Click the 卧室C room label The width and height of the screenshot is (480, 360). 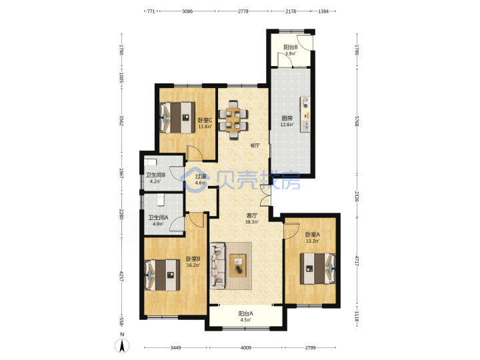click(205, 120)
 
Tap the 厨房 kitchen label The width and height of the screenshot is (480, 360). click(287, 119)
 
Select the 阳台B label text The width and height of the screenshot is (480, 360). click(291, 47)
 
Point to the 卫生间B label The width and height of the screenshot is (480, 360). click(155, 175)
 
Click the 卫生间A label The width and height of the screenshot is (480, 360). click(158, 217)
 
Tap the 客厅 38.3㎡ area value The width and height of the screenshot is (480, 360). click(251, 222)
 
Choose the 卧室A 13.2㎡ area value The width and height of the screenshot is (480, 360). click(313, 241)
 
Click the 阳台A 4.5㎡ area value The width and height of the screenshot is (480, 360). click(245, 320)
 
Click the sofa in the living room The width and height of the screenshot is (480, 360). click(217, 266)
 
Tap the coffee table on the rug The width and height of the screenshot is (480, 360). click(238, 265)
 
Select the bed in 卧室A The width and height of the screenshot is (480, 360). click(317, 269)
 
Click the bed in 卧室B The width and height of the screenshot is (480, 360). click(162, 275)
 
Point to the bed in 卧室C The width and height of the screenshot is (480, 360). click(177, 117)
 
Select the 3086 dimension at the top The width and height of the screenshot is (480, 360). click(187, 11)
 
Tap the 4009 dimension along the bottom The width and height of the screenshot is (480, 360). click(246, 348)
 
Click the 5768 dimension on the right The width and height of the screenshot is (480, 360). click(357, 121)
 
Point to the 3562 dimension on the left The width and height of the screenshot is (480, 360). click(121, 120)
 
